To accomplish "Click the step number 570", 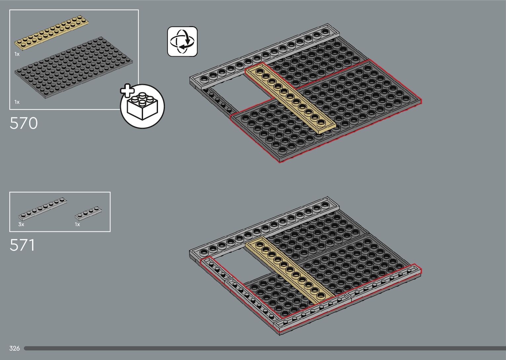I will pos(24,123).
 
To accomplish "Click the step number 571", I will pos(22,245).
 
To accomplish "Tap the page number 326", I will pos(15,348).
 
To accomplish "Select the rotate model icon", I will pos(182,42).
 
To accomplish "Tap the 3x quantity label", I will pos(21,224).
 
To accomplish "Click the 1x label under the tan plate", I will pos(17,54).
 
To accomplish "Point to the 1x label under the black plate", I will pos(17,102).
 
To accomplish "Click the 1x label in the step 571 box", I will pos(77,224).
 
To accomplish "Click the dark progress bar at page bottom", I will pos(264,348).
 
